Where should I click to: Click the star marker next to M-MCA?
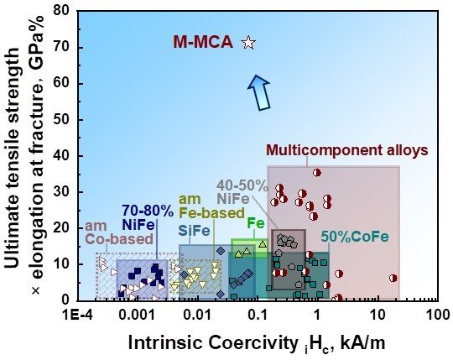coord(247,43)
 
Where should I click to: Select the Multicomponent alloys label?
coord(346,150)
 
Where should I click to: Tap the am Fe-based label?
coord(202,206)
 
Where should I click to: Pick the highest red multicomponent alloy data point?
coord(316,173)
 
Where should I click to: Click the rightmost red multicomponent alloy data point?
coord(393,278)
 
